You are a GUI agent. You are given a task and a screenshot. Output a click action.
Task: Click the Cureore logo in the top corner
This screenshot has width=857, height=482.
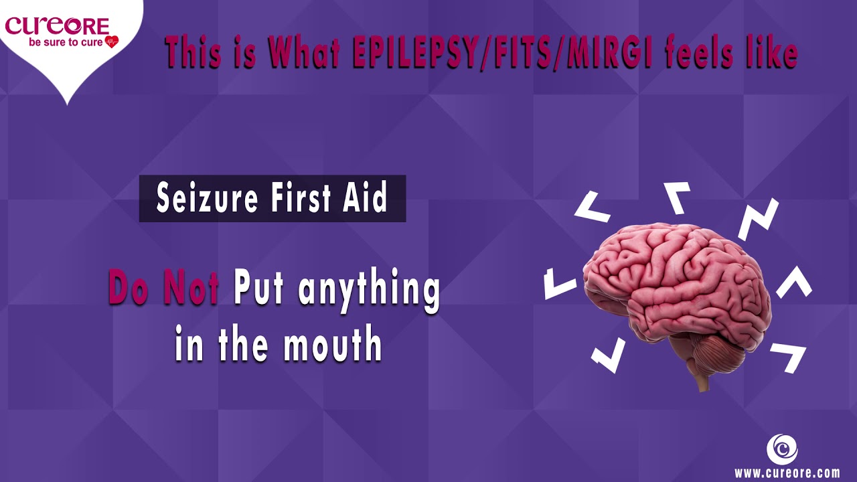pos(57,27)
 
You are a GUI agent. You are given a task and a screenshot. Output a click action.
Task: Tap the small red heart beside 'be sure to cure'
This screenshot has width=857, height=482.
pos(111,42)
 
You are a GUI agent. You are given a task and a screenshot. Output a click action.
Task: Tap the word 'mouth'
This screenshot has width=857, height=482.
pos(332,345)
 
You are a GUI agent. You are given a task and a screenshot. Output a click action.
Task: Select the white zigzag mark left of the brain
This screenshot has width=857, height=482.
pos(560,282)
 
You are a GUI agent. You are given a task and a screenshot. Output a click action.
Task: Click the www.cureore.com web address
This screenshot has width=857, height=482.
pos(787,473)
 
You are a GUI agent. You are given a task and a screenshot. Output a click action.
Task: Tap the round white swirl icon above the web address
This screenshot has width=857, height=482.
pos(781,448)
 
